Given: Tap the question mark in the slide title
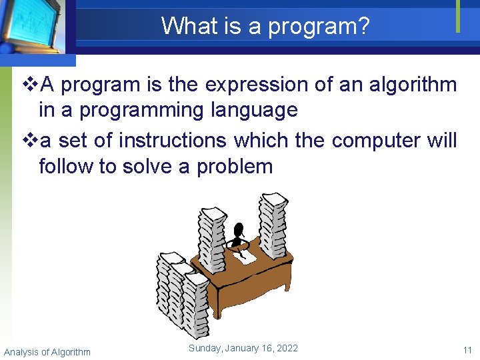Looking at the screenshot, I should [363, 26].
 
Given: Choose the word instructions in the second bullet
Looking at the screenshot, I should [173, 141].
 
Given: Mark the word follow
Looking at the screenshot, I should [67, 166].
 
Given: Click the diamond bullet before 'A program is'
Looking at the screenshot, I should [31, 85].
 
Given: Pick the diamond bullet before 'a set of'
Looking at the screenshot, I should [31, 141].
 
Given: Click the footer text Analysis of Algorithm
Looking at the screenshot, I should [47, 352].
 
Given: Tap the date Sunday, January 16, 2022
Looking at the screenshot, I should [243, 348].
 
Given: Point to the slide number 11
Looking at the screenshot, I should [467, 351].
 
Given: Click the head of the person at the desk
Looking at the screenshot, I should [239, 230].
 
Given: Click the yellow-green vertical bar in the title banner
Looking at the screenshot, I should [458, 16].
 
